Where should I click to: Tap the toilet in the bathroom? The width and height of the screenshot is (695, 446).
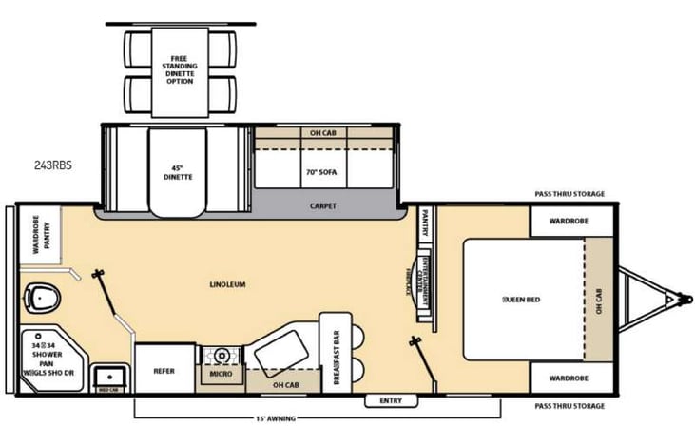[x=41, y=298]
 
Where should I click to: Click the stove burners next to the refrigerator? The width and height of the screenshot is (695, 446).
[x=222, y=355]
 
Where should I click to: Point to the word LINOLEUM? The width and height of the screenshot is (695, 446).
[x=228, y=284]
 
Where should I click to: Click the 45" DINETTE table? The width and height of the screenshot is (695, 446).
[x=176, y=172]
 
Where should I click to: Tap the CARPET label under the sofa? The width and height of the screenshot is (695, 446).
[x=323, y=205]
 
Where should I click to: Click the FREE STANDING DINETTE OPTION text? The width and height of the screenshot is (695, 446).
[x=181, y=69]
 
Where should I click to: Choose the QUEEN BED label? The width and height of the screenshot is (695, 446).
[x=521, y=300]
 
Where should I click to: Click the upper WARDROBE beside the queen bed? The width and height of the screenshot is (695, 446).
[x=568, y=222]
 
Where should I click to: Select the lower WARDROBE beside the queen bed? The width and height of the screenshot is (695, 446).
[x=568, y=378]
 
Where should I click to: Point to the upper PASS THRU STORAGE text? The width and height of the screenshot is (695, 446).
[x=570, y=193]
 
